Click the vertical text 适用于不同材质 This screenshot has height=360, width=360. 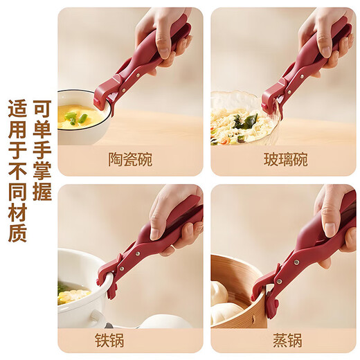17,170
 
